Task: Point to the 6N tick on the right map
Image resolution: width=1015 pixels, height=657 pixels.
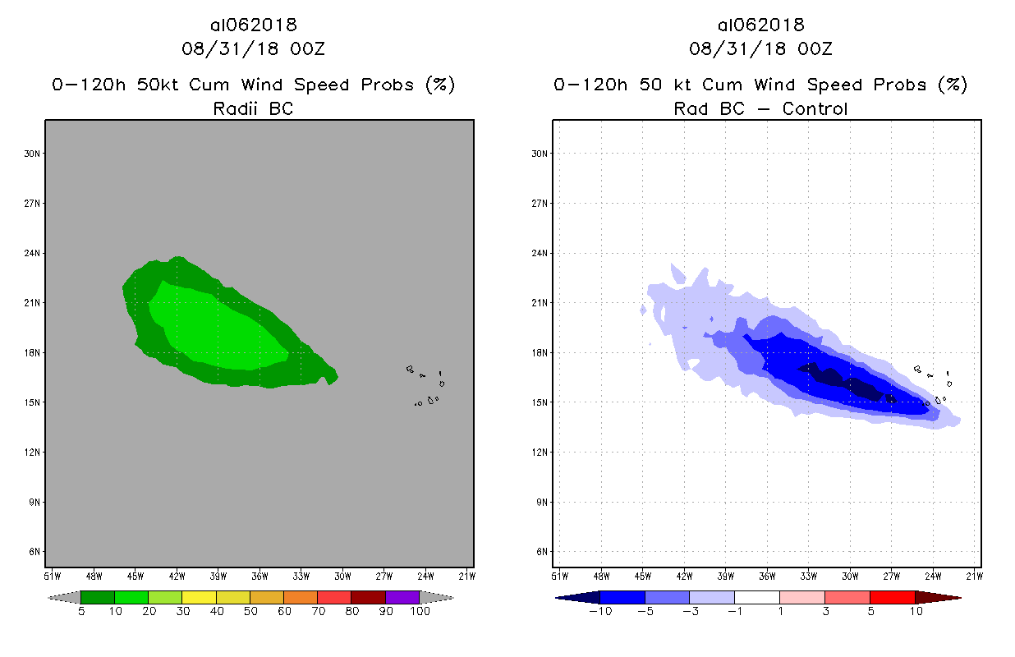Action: pyautogui.click(x=540, y=551)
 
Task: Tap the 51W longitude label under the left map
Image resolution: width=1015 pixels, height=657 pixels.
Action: pyautogui.click(x=52, y=575)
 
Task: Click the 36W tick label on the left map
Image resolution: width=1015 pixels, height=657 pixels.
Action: pyautogui.click(x=260, y=575)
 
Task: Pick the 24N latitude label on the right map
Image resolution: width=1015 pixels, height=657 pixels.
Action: pyautogui.click(x=540, y=253)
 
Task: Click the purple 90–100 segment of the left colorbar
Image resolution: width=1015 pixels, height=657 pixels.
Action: pyautogui.click(x=402, y=597)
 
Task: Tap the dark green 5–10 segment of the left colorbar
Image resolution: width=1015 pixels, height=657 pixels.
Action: pyautogui.click(x=98, y=597)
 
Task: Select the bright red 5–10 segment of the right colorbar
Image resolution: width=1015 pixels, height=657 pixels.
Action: pyautogui.click(x=892, y=597)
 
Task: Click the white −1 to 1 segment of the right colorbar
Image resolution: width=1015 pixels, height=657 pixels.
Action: pyautogui.click(x=756, y=597)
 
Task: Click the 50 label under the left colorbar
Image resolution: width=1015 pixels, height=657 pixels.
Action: pyautogui.click(x=250, y=612)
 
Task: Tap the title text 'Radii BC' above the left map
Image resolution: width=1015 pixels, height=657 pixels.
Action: pyautogui.click(x=253, y=108)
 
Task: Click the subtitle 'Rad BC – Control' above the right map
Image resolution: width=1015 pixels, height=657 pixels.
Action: pyautogui.click(x=760, y=108)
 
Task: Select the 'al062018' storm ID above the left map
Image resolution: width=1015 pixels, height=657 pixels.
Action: pyautogui.click(x=253, y=25)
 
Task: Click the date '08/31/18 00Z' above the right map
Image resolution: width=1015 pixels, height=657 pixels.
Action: pyautogui.click(x=760, y=49)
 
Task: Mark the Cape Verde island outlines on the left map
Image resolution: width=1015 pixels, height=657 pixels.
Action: pyautogui.click(x=428, y=386)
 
